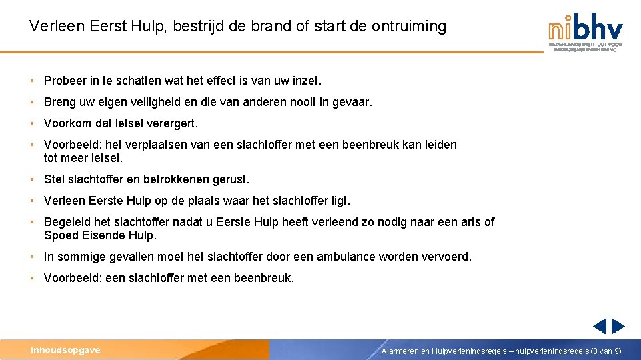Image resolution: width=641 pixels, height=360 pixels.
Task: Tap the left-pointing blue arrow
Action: click(600, 327)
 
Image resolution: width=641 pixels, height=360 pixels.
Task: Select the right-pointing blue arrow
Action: click(618, 327)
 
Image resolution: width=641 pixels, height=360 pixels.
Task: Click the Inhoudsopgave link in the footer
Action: click(65, 350)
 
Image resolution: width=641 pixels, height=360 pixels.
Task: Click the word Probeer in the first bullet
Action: click(65, 81)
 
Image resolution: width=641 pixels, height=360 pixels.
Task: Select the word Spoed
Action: click(60, 235)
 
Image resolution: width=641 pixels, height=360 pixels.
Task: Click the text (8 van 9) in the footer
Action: click(606, 351)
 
